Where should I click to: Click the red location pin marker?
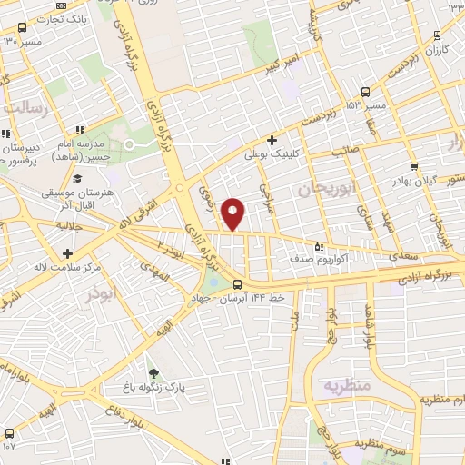coord(233,213)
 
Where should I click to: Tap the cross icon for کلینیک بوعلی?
coord(272,140)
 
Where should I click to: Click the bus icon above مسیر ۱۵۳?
coord(365,92)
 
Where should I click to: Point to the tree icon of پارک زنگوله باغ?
coord(153,372)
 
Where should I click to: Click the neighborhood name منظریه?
coord(346,385)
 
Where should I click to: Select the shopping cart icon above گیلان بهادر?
coord(414,166)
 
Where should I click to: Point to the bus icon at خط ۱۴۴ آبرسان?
coord(237,284)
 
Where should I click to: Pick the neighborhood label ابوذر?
coord(103,296)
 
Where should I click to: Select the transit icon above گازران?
coord(438,35)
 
